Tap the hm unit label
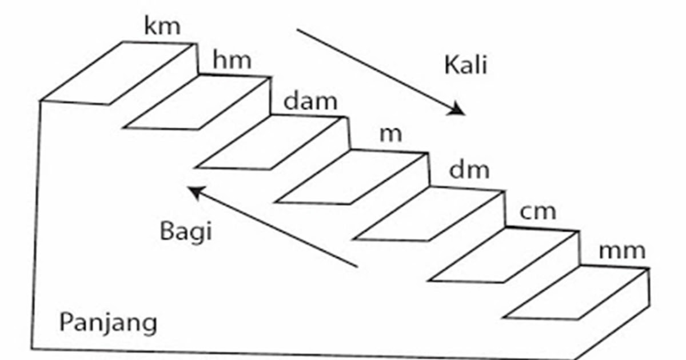232,60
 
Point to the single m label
391,135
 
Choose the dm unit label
469,170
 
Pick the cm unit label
538,211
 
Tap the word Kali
465,66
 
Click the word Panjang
108,323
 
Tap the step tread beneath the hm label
197,103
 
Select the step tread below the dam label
272,142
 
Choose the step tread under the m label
352,177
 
